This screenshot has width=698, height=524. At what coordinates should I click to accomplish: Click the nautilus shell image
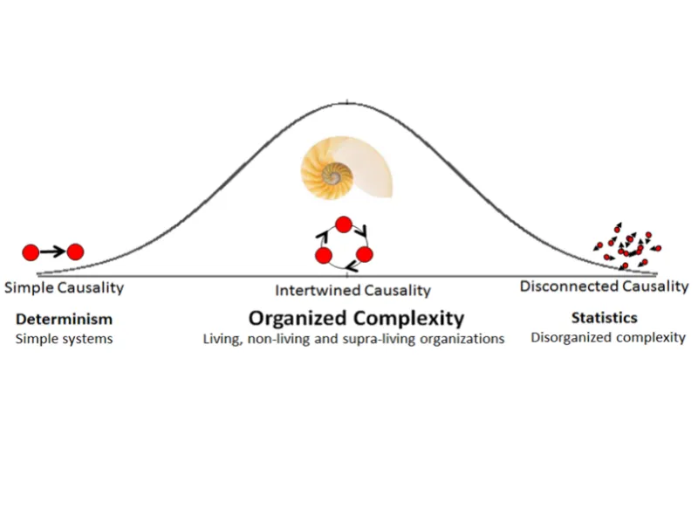[x=346, y=169]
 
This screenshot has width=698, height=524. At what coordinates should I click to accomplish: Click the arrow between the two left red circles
[x=52, y=252]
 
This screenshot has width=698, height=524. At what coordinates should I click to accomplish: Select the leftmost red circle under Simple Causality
[x=31, y=252]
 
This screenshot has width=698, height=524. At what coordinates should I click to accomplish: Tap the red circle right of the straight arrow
[x=75, y=252]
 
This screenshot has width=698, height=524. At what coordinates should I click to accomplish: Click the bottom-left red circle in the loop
[x=324, y=256]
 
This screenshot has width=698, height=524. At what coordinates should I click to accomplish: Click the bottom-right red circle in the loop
[x=365, y=255]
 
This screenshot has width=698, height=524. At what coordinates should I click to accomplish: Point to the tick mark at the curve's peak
[x=348, y=102]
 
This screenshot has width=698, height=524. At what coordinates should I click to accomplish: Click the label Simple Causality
[x=64, y=287]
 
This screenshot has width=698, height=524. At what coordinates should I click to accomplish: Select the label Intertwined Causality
[x=353, y=290]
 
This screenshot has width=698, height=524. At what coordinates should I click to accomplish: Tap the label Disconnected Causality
[x=604, y=286]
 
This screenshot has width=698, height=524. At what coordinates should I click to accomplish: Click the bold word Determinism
[x=64, y=319]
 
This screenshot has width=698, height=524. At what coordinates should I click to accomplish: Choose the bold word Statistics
[x=604, y=318]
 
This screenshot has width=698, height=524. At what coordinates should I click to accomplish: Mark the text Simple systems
[x=64, y=339]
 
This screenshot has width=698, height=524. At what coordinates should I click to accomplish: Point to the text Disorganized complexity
[x=608, y=337]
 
